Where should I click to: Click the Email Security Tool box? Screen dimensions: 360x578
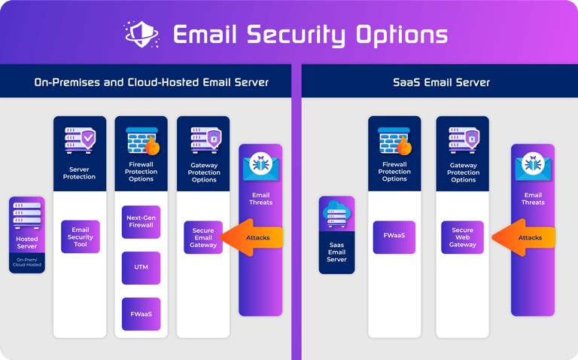tap(81, 236)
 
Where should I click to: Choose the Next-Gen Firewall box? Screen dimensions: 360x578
tap(141, 221)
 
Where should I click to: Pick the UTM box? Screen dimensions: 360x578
tap(141, 268)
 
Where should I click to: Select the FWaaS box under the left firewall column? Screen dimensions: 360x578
tap(141, 314)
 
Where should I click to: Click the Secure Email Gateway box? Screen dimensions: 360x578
tap(203, 238)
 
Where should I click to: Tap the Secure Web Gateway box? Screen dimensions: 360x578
tap(462, 237)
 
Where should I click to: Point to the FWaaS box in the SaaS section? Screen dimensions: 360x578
tap(394, 235)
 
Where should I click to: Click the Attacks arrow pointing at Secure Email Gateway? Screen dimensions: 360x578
tap(253, 237)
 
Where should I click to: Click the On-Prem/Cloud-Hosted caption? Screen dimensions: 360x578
tap(27, 262)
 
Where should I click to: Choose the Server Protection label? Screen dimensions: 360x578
tap(80, 173)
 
